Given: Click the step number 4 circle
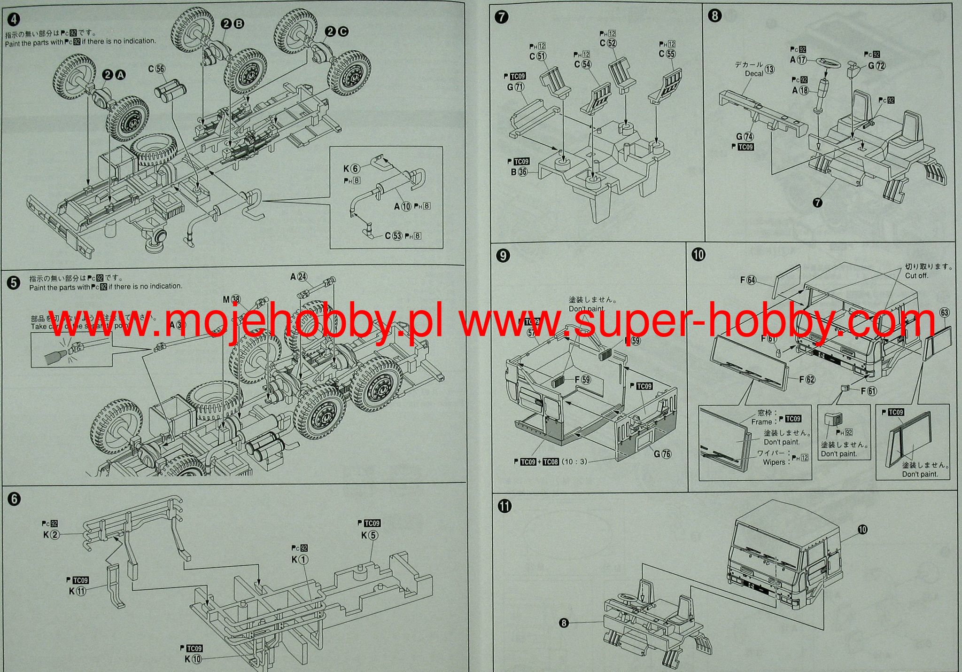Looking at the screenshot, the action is [x=15, y=20].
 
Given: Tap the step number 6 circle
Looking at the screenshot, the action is [x=15, y=499].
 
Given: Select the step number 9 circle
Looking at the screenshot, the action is [x=503, y=256].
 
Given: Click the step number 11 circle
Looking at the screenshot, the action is [x=505, y=506].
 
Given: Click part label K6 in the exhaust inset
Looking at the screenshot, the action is [x=351, y=169].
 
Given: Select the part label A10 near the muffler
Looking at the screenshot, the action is [x=403, y=206].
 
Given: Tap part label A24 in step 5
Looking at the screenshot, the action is [x=298, y=277].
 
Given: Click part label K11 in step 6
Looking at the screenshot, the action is [x=78, y=591].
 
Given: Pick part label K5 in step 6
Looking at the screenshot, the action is [x=369, y=535].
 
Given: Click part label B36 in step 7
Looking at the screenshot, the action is [x=519, y=172].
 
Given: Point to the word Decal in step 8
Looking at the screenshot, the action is [x=754, y=74].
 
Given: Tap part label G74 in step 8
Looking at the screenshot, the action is [x=745, y=137].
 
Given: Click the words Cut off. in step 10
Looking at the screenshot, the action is [x=916, y=275].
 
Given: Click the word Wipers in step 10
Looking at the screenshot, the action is [x=774, y=462].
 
